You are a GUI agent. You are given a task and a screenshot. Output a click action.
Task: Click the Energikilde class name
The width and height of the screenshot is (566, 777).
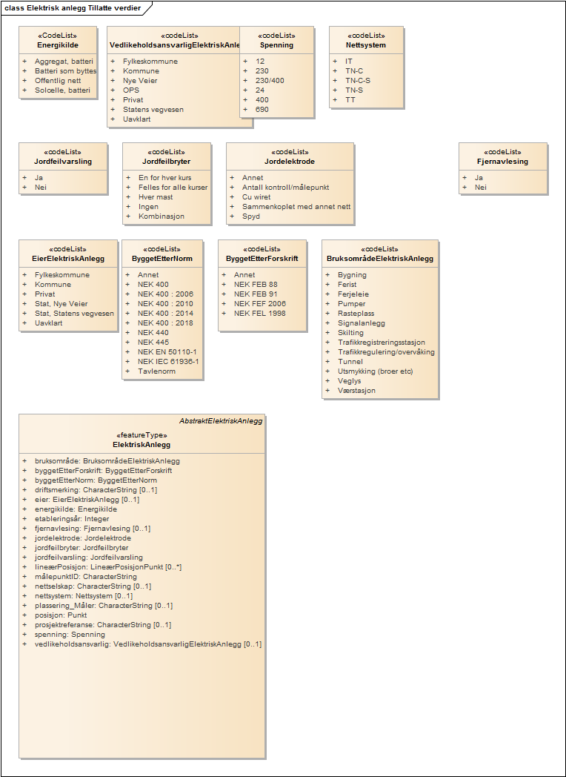click(58, 44)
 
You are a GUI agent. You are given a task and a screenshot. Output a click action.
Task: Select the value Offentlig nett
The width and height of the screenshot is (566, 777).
click(59, 81)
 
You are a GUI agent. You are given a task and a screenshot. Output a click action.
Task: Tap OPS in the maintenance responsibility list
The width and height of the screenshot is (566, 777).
click(130, 90)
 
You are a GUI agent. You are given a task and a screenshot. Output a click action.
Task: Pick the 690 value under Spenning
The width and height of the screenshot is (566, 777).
click(262, 109)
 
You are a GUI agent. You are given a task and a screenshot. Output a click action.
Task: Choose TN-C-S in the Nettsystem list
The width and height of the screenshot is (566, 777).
click(358, 80)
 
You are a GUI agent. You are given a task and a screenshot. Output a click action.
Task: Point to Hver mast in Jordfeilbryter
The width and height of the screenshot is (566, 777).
click(156, 197)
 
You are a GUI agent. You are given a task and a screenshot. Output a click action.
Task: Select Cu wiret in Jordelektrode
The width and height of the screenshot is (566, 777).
click(256, 197)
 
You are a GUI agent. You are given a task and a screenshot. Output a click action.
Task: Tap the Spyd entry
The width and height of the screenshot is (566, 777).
click(250, 216)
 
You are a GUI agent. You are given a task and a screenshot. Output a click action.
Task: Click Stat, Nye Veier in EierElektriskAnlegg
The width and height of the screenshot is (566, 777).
click(61, 303)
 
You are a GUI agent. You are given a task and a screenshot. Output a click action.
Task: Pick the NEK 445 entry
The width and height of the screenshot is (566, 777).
click(153, 342)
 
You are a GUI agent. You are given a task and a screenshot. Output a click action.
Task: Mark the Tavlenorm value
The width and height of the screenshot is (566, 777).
click(156, 371)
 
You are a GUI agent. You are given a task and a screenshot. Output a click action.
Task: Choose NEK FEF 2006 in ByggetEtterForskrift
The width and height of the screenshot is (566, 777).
click(260, 303)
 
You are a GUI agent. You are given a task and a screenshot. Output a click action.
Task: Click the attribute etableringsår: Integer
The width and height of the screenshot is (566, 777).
click(72, 518)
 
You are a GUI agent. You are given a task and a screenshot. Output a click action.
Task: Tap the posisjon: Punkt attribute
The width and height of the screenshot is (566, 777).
click(61, 615)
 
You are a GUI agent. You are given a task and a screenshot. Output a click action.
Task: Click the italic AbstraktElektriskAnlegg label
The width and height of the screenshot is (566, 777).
click(220, 420)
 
